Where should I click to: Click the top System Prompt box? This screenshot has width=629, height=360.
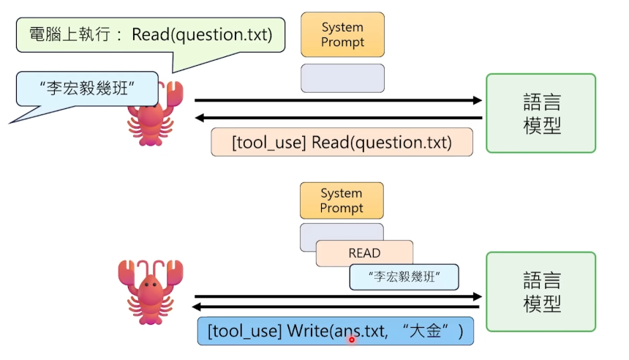click(342, 34)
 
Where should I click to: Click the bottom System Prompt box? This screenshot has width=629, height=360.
click(342, 200)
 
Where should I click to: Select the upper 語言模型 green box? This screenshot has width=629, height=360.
click(541, 113)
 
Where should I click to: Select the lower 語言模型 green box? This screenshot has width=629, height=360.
click(541, 291)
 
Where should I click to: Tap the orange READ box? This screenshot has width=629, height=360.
click(364, 253)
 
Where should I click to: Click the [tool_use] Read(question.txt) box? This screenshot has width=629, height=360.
click(342, 142)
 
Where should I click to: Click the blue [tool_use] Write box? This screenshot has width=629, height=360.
click(336, 331)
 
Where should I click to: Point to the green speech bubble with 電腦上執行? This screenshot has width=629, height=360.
click(150, 35)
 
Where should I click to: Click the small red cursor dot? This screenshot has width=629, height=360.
click(351, 340)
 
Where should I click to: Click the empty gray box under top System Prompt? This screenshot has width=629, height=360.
click(342, 78)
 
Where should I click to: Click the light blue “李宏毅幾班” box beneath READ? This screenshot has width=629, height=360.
click(404, 277)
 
